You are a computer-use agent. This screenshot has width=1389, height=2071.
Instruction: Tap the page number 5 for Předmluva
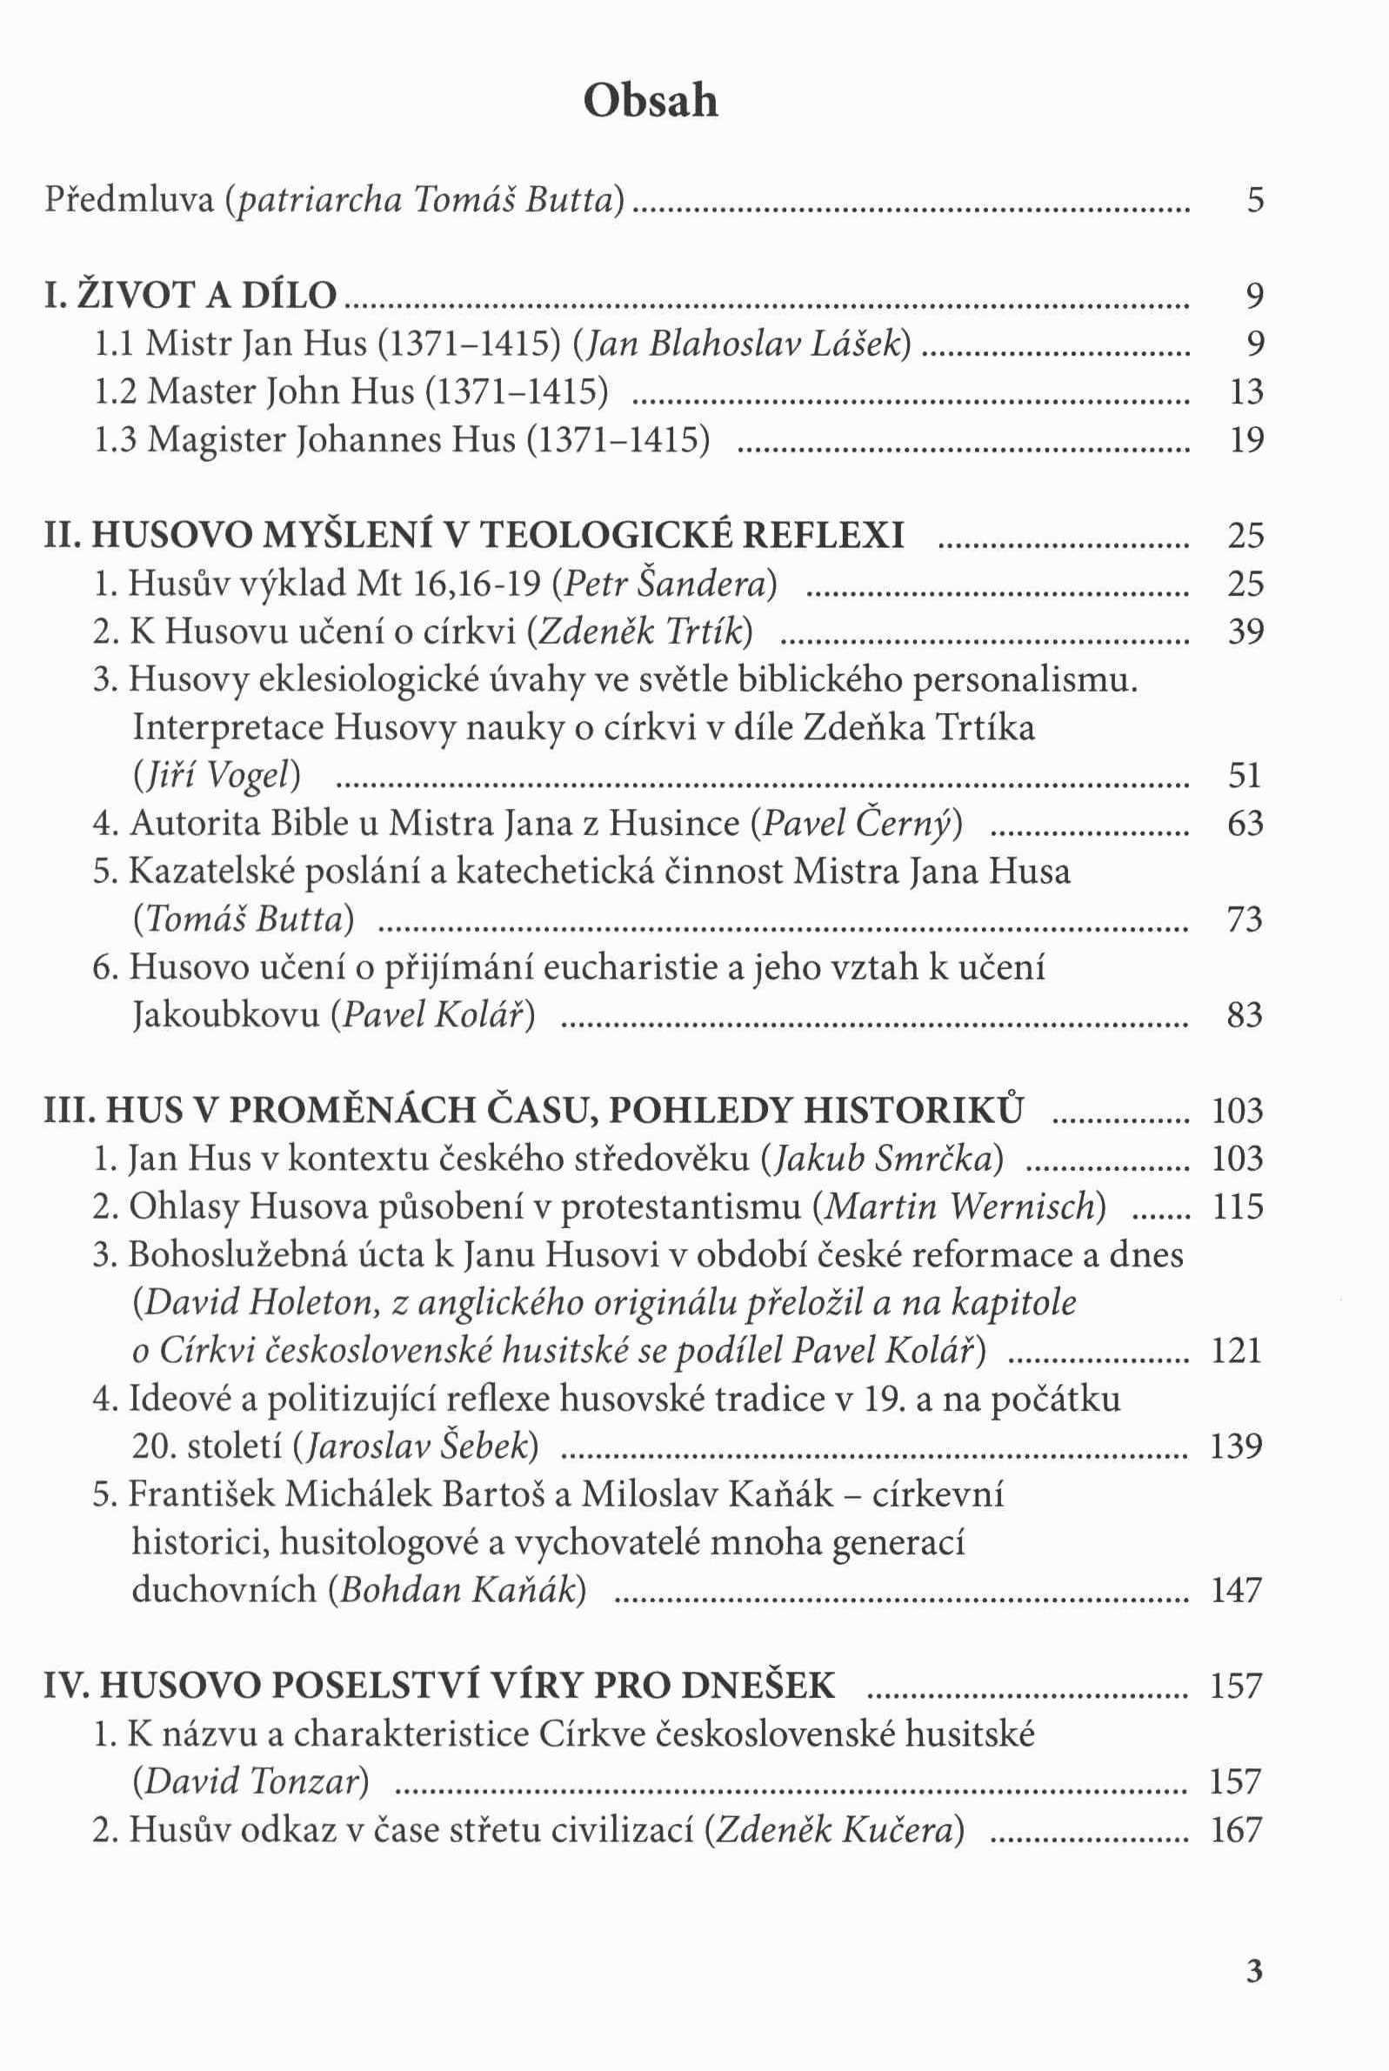pos(1253,201)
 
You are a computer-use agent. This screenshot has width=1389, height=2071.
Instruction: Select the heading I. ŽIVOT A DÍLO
pos(190,296)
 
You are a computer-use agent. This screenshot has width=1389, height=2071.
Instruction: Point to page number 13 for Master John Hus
pos(1245,391)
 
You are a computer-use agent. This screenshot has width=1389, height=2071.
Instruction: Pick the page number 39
pos(1245,631)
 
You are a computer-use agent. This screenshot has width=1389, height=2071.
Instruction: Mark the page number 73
pos(1245,919)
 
